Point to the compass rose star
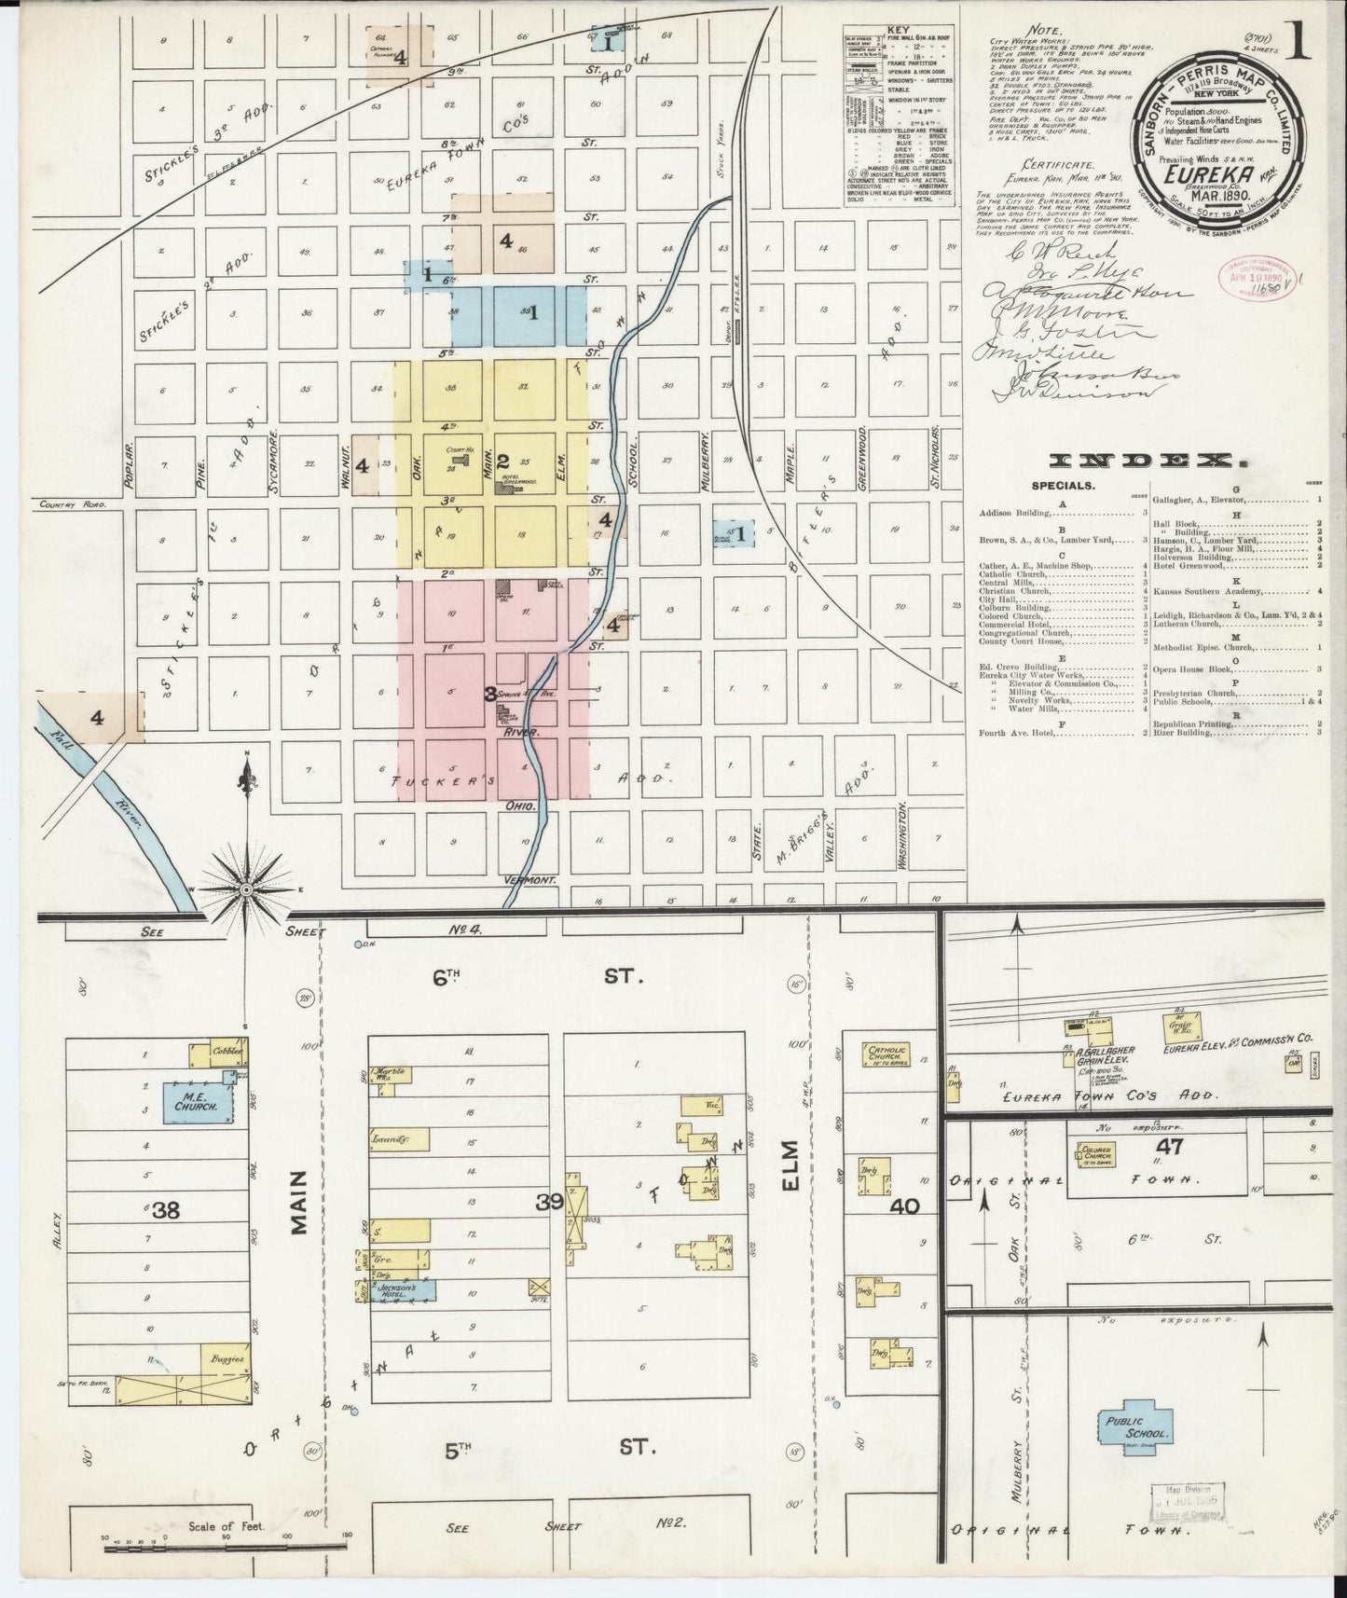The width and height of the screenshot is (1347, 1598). point(246,890)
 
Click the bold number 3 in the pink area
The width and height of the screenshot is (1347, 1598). point(488,694)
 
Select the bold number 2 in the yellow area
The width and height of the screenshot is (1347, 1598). point(502,461)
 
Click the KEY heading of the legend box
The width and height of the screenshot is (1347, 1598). point(898,30)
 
